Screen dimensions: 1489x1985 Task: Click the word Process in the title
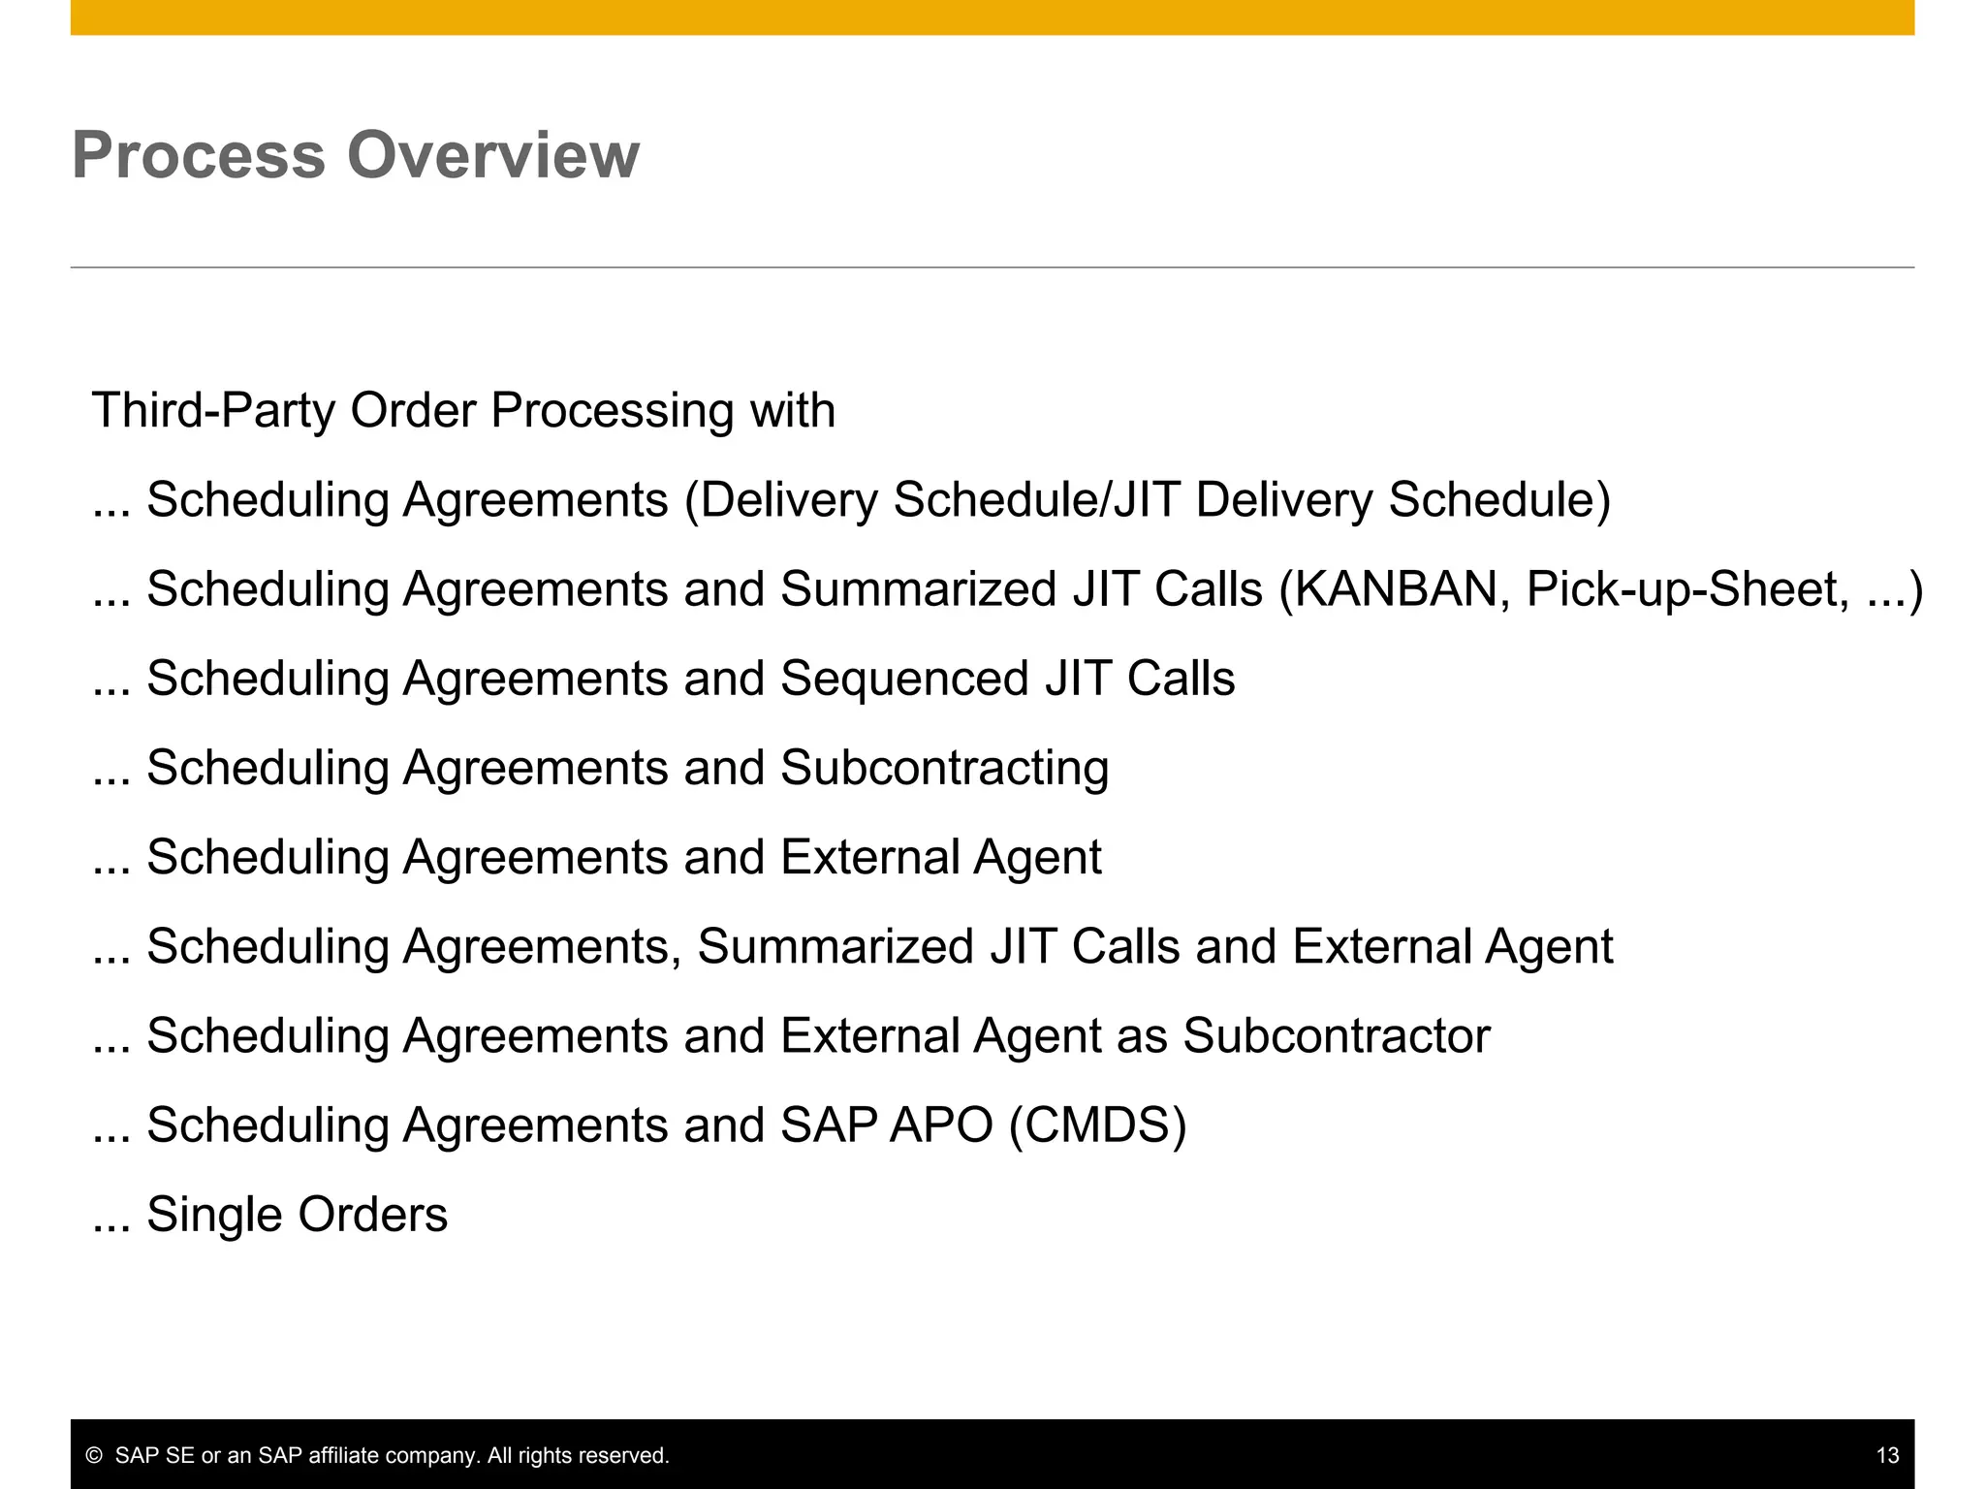click(198, 155)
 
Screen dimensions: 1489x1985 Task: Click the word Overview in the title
click(493, 155)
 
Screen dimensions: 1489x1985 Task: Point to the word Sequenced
click(903, 679)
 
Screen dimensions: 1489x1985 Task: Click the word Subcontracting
click(944, 768)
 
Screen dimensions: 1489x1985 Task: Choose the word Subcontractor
click(1337, 1035)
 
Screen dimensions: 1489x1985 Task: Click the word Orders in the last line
click(372, 1215)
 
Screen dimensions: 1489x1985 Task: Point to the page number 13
click(1887, 1455)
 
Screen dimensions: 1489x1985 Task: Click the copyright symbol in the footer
click(94, 1455)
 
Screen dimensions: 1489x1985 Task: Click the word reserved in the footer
click(631, 1455)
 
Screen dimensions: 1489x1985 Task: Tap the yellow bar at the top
click(992, 17)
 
